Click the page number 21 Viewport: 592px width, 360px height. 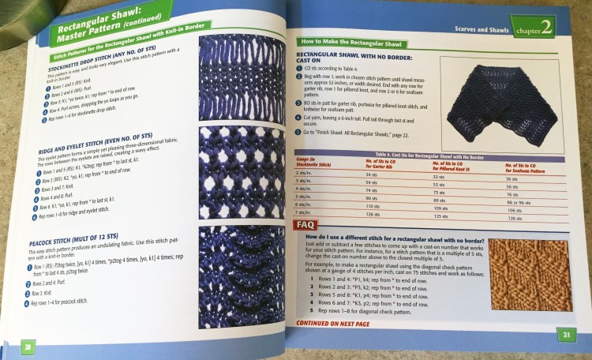566,335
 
